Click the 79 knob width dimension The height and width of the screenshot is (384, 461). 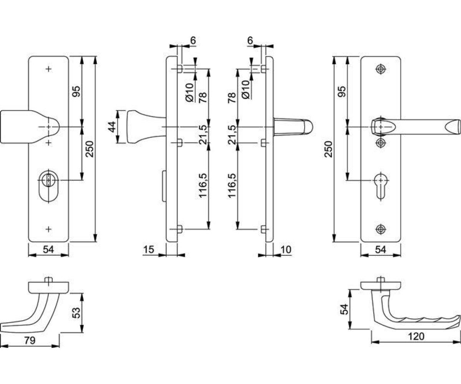click(30, 341)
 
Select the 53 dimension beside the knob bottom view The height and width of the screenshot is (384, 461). click(76, 313)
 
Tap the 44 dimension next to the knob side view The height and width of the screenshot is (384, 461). click(112, 127)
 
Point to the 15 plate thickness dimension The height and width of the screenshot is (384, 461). click(148, 250)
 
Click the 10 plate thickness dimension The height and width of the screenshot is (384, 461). click(286, 250)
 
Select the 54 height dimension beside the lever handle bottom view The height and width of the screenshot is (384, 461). click(345, 309)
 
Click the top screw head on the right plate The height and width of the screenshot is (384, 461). click(381, 69)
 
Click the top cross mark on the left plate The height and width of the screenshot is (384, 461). click(48, 69)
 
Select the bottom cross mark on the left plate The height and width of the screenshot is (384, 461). click(48, 229)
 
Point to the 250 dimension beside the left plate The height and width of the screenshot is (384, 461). click(90, 149)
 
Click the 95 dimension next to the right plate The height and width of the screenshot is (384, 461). click(342, 91)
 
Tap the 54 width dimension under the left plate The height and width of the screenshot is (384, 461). click(48, 250)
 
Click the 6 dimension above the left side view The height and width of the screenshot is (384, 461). click(193, 40)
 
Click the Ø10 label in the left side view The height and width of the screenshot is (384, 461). click(189, 93)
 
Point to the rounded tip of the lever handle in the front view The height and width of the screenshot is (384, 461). click(453, 127)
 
